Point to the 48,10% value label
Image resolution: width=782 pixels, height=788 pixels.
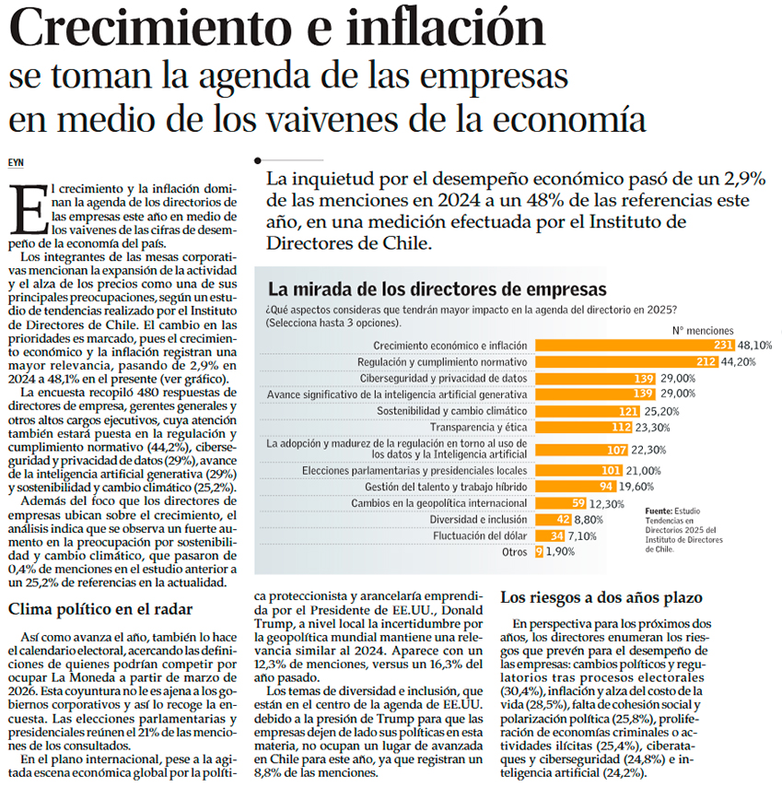754,345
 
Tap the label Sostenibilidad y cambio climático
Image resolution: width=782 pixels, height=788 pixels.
453,411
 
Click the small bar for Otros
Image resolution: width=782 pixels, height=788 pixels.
538,552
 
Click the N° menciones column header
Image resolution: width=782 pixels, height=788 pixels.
703,329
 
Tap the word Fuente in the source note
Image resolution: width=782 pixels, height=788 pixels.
659,510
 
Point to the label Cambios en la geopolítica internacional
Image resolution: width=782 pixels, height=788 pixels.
439,503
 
